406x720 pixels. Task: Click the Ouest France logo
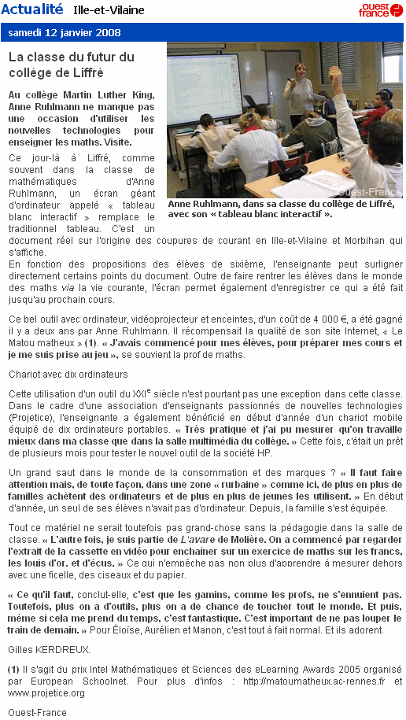coord(380,9)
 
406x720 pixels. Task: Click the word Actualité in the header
coord(32,9)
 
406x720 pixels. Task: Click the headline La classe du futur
coord(72,64)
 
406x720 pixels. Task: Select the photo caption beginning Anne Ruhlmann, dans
coord(283,209)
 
